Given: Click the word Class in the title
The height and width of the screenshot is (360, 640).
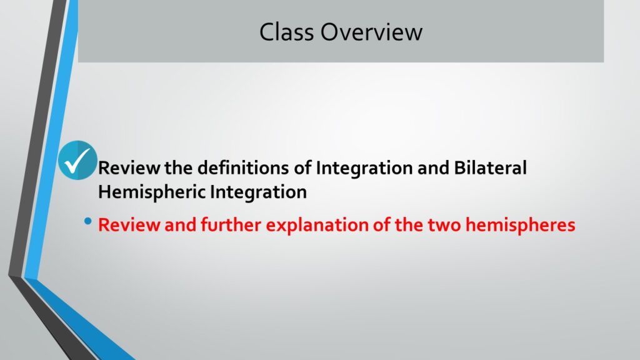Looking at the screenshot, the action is [286, 32].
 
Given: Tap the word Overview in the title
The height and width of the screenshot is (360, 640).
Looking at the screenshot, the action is [371, 32].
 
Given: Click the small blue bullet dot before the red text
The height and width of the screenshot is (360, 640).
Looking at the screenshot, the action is [87, 222].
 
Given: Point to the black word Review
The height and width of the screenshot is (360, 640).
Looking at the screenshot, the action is [129, 167].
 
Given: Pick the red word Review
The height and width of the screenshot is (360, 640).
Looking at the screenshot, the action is [129, 225].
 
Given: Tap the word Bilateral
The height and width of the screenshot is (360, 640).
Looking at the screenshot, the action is [490, 167].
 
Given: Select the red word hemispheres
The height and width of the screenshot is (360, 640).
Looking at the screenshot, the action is [521, 226].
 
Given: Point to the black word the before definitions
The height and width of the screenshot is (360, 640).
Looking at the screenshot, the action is [179, 167].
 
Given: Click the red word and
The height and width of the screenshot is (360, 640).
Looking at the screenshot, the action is [181, 225].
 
